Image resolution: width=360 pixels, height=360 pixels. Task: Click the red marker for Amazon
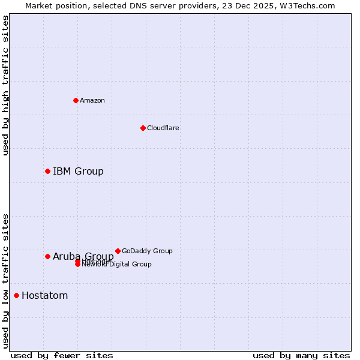point(76,100)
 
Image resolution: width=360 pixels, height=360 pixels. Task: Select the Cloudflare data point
point(143,128)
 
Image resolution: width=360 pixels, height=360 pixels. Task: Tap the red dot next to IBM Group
point(47,172)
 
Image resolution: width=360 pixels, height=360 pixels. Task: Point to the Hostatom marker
point(16,295)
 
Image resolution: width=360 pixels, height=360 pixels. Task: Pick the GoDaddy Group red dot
point(118,251)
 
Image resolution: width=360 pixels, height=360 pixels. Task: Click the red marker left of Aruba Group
point(47,257)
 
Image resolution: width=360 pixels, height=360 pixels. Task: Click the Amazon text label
point(92,100)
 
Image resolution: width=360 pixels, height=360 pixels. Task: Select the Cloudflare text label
point(163,128)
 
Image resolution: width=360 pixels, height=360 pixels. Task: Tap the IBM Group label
point(78,172)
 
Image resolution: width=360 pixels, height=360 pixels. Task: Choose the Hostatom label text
point(44,295)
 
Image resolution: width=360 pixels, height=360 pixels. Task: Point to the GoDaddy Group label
point(147,251)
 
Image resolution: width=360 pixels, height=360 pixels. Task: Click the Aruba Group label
point(83,257)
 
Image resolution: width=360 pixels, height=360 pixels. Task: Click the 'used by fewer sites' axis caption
point(62,355)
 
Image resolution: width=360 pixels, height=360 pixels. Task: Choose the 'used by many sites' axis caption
point(301,355)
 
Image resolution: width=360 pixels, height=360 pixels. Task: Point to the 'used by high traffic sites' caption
point(5,85)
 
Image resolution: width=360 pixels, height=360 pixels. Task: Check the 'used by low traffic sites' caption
point(5,281)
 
